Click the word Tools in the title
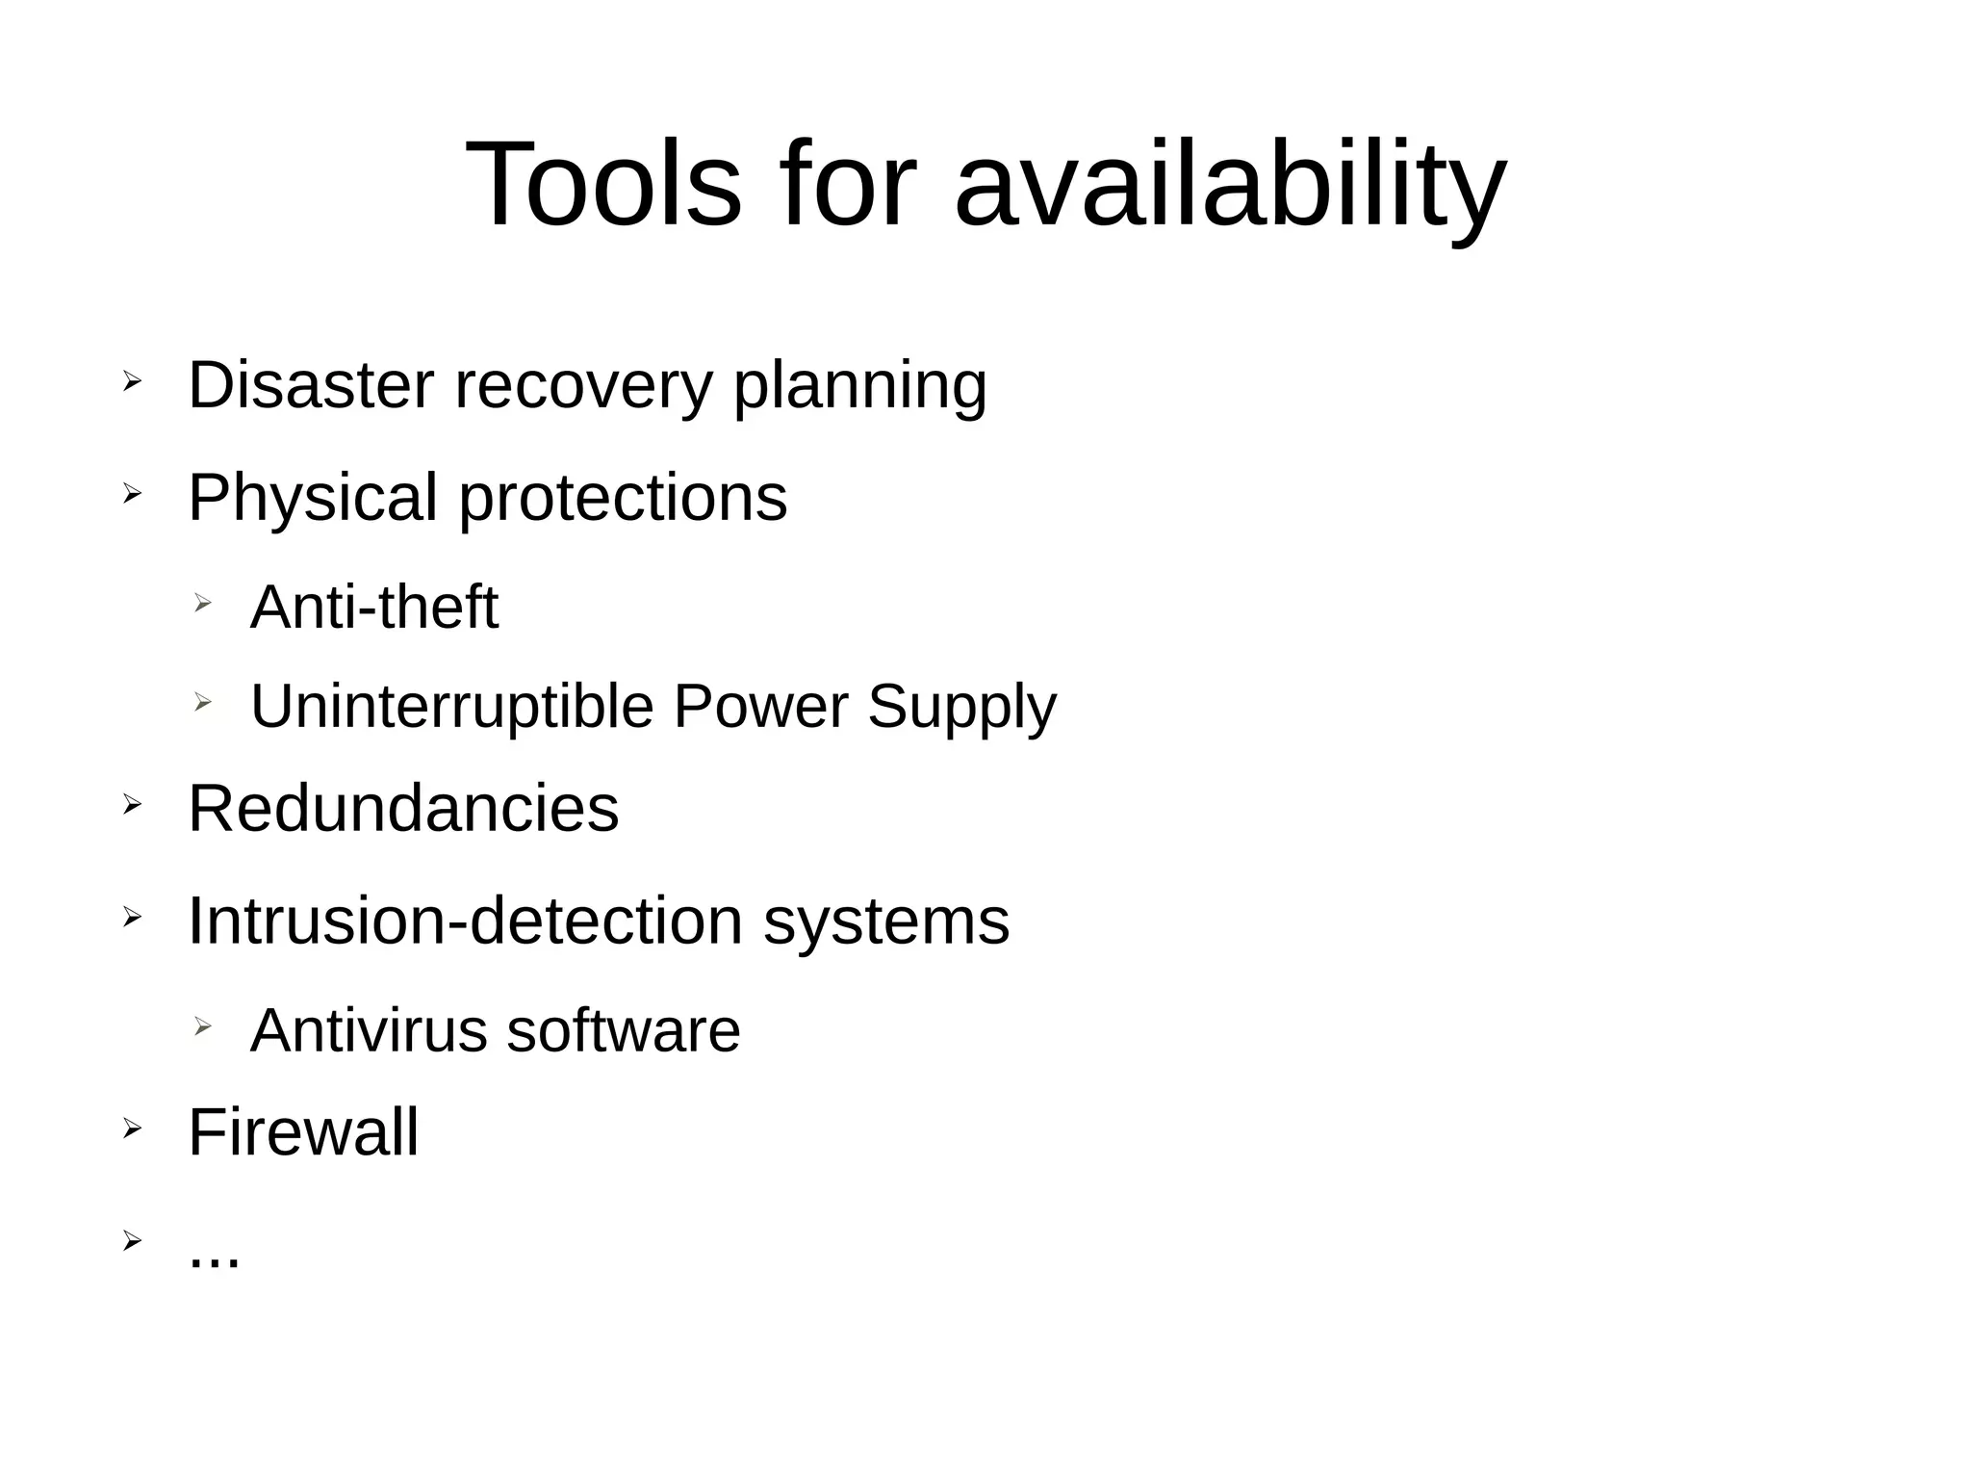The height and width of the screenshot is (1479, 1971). click(x=603, y=184)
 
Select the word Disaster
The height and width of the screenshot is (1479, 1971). click(x=311, y=385)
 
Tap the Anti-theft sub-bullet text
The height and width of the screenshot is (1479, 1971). click(x=374, y=607)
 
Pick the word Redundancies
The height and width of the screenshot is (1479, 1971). click(x=403, y=808)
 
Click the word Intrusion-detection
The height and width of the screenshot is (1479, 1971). click(x=466, y=921)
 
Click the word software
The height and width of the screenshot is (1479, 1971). click(x=624, y=1030)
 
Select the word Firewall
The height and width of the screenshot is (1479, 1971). click(x=303, y=1131)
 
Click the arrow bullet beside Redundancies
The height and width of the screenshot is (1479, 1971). click(x=132, y=803)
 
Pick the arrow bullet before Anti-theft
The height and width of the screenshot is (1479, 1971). click(x=201, y=603)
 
